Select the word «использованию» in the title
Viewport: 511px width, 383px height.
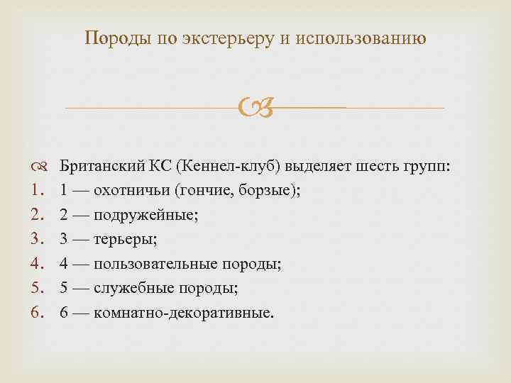click(x=368, y=38)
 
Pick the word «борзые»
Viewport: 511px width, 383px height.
click(x=260, y=191)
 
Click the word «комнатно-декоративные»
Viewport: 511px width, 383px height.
click(x=182, y=313)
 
